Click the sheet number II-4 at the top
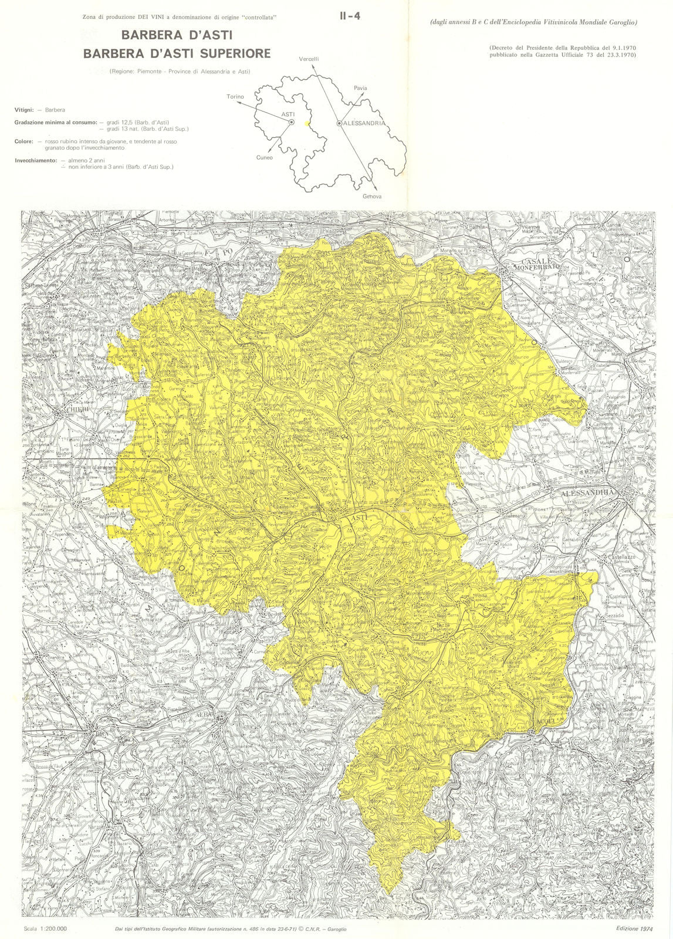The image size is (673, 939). pos(350,16)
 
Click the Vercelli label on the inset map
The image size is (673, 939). pos(309,59)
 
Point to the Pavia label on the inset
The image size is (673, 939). pos(360,88)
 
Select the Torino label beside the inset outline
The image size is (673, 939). pos(235,97)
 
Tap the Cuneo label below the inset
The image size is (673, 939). pos(265,157)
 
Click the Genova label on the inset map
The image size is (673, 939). pos(372,196)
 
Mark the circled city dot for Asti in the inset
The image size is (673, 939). pos(291,121)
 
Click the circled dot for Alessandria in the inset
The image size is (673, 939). pos(339,123)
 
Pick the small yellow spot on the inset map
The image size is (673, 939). pos(306,124)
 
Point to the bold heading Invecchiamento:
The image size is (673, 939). pos(36,160)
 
